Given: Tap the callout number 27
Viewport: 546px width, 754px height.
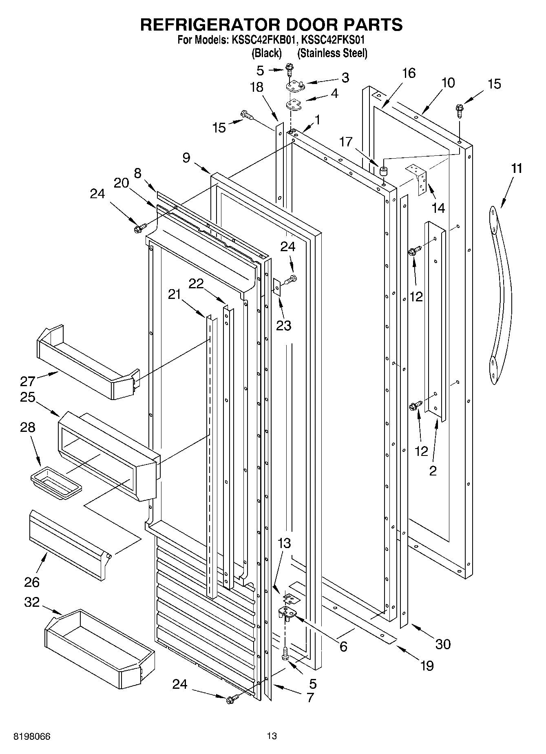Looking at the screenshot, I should click(28, 382).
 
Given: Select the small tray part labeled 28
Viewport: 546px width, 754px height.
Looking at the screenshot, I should click(56, 483).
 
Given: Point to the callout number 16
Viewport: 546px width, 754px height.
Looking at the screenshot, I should click(409, 73).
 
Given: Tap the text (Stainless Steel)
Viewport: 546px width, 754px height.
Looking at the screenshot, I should click(332, 53).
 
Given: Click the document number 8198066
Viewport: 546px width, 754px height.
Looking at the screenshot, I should click(32, 736).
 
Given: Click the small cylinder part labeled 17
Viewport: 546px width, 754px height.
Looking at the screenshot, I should click(383, 170).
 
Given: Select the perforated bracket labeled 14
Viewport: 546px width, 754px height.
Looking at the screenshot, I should click(421, 179).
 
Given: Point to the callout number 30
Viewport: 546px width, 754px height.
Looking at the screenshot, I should click(443, 644).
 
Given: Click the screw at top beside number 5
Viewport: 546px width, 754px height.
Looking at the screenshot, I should click(290, 69).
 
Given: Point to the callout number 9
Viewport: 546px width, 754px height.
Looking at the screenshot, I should click(186, 158).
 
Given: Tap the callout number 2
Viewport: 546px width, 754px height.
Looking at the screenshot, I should click(433, 471).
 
